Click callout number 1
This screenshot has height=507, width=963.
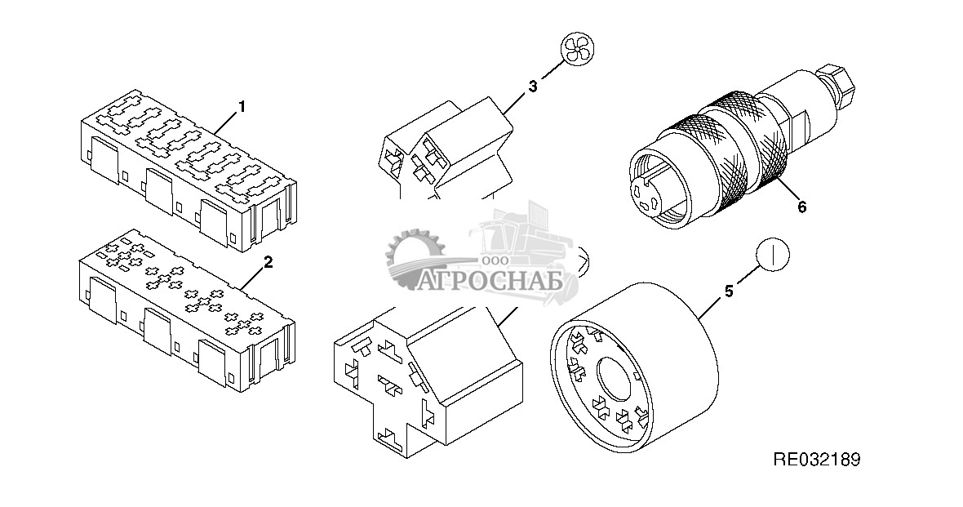click(242, 107)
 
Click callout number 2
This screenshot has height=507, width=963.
click(268, 262)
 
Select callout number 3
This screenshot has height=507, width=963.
click(533, 86)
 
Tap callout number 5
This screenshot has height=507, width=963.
click(729, 291)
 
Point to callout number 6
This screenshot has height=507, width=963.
click(801, 207)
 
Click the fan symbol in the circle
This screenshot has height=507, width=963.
click(578, 50)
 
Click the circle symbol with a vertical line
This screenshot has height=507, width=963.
click(773, 253)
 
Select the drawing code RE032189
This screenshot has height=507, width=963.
click(816, 460)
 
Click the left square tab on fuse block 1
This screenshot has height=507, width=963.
click(104, 158)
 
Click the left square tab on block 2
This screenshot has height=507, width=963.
click(103, 300)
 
